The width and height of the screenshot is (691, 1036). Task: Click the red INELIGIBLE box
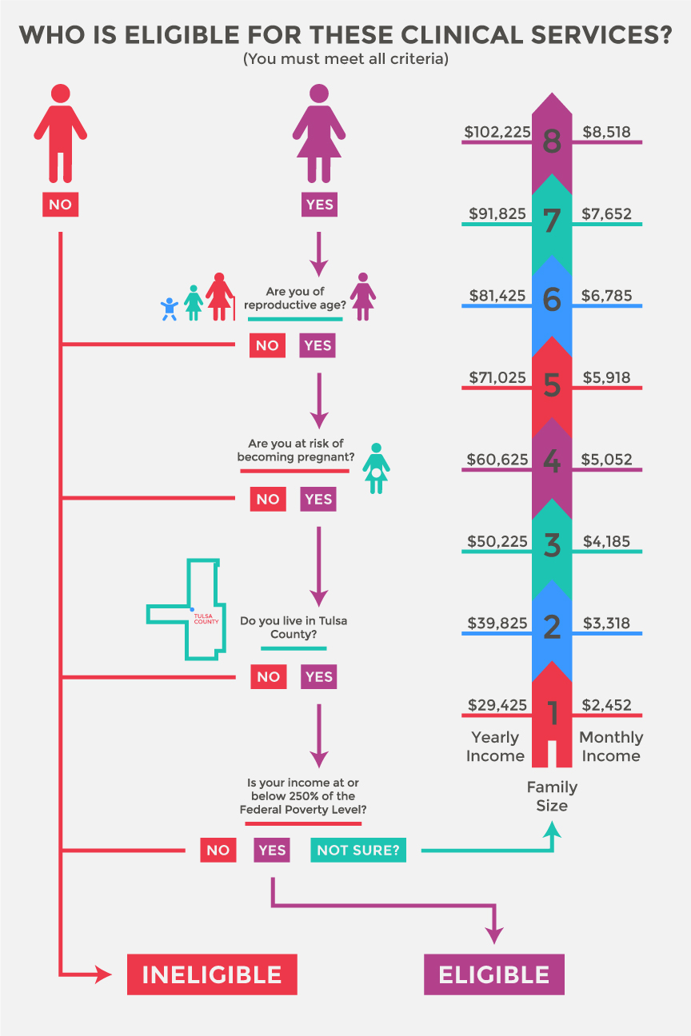tap(212, 974)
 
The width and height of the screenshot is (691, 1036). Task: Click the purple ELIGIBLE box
tap(493, 974)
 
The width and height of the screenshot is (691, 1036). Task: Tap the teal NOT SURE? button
tap(358, 850)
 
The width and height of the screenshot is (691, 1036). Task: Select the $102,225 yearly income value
tap(497, 132)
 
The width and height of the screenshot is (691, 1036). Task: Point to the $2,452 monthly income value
tap(606, 705)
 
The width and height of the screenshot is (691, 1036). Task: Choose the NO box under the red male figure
tap(61, 205)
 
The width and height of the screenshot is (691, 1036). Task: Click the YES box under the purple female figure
tap(319, 205)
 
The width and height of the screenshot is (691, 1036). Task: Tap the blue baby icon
tap(170, 309)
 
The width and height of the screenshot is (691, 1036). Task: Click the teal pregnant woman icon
tap(376, 468)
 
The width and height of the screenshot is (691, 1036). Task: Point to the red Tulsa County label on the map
tap(206, 619)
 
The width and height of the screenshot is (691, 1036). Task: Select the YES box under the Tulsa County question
tap(319, 676)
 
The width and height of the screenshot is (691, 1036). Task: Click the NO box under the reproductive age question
tap(267, 345)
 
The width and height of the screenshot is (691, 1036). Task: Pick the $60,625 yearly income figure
tap(497, 460)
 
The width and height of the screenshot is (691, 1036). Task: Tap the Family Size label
tap(552, 796)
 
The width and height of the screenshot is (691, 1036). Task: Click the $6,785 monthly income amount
tap(606, 296)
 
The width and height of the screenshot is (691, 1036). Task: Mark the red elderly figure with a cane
tap(220, 297)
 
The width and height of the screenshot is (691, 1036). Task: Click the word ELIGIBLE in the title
tap(182, 34)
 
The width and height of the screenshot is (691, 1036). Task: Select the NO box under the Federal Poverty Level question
tap(218, 850)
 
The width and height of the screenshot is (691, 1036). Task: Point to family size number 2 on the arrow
tap(552, 628)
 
